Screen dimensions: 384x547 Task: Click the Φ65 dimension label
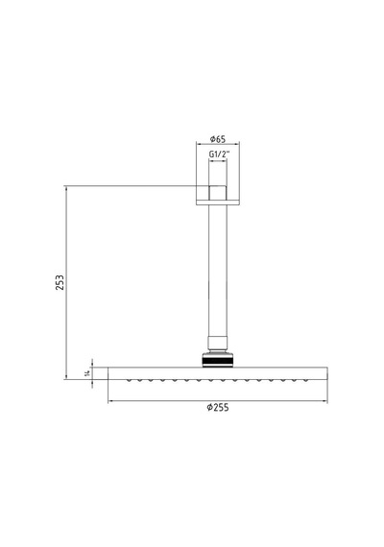pos(218,139)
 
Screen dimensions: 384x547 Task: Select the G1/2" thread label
pos(220,155)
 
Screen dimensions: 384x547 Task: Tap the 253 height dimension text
pos(60,282)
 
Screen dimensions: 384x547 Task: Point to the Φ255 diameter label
pos(218,407)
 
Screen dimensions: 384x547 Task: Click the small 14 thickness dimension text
pos(87,373)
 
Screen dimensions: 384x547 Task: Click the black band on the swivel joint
pos(218,360)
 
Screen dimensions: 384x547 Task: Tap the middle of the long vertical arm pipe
pos(218,271)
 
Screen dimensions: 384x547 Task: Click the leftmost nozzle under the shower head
pos(129,380)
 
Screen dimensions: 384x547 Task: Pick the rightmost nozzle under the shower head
pos(306,380)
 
